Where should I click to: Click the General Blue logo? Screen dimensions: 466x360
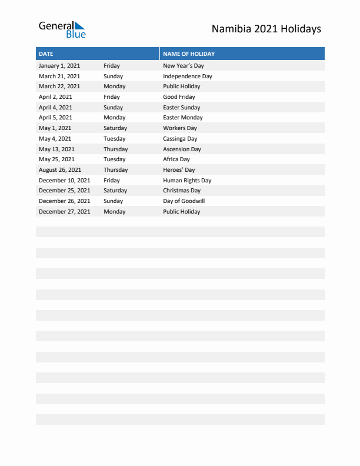(x=62, y=29)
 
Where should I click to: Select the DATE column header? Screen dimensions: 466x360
(x=46, y=54)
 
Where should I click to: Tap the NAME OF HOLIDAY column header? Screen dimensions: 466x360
(x=189, y=54)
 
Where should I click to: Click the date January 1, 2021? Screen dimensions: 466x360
(x=59, y=66)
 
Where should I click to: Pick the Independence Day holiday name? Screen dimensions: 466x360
(x=187, y=76)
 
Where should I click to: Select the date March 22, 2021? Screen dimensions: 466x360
(x=59, y=86)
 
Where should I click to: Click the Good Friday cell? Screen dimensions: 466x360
(x=179, y=97)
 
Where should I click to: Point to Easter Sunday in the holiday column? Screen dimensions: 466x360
(x=181, y=108)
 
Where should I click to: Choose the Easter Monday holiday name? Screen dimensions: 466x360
(x=182, y=118)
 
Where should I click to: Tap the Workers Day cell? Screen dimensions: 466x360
(x=179, y=128)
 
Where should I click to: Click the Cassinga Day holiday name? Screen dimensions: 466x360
(x=180, y=139)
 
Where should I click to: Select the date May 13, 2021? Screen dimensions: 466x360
(x=56, y=149)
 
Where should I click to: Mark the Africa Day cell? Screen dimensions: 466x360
(x=176, y=159)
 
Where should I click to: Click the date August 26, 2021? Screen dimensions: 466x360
(x=61, y=170)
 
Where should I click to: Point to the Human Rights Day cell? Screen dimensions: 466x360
(x=187, y=181)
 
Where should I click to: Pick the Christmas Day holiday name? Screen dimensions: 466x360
(x=182, y=191)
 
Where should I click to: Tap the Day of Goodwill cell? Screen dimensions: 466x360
(x=184, y=201)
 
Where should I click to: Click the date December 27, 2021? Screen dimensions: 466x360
(x=64, y=212)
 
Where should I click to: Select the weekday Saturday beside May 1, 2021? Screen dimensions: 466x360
(x=115, y=128)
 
